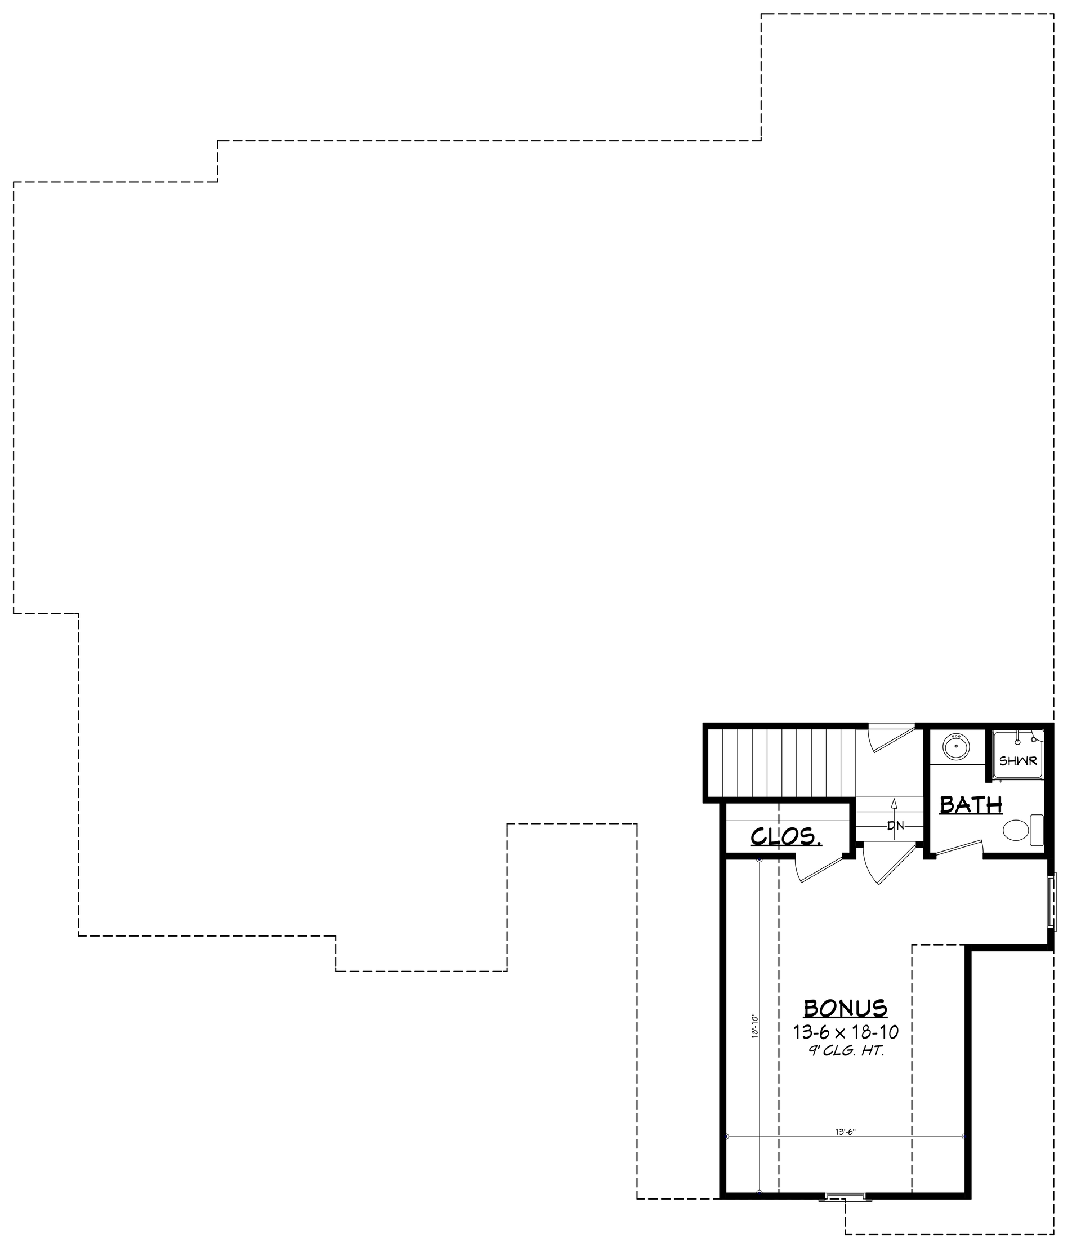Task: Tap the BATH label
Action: click(971, 804)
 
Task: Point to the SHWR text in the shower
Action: click(1018, 761)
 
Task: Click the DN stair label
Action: click(895, 826)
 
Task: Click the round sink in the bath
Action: click(957, 748)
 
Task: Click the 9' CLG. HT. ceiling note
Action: click(846, 1051)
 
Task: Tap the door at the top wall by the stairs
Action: click(891, 740)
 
